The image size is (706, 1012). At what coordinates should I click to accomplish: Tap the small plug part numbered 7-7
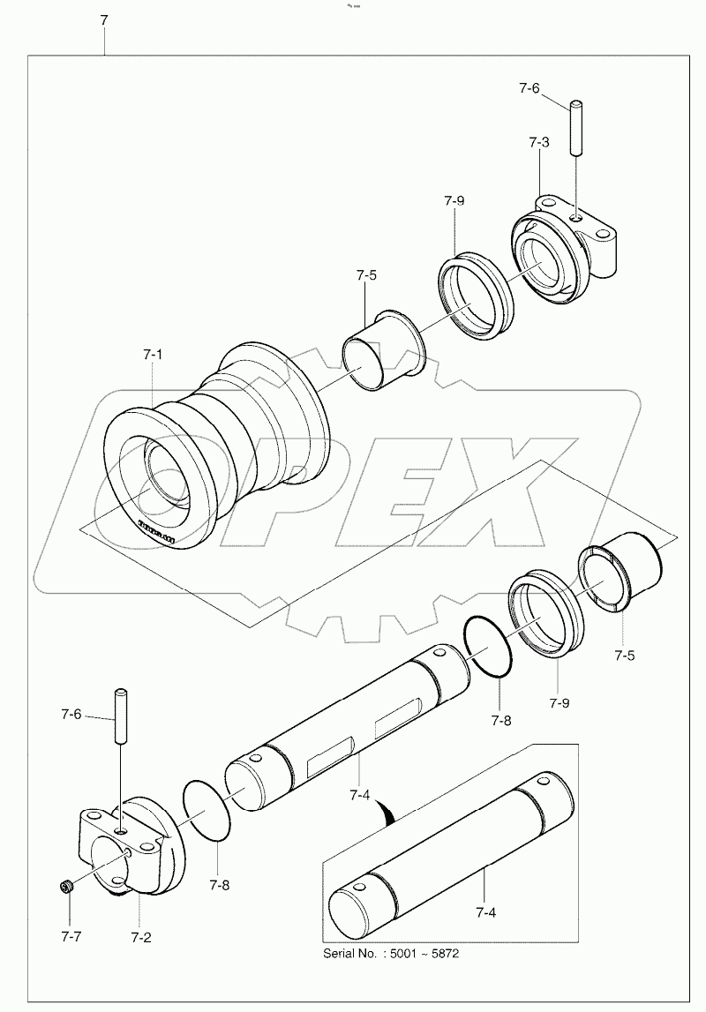(x=65, y=886)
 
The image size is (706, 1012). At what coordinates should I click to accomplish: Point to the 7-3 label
(x=540, y=142)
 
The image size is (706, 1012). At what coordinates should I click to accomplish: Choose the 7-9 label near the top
(x=454, y=200)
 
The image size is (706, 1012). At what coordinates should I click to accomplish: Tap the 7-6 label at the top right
(x=529, y=88)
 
